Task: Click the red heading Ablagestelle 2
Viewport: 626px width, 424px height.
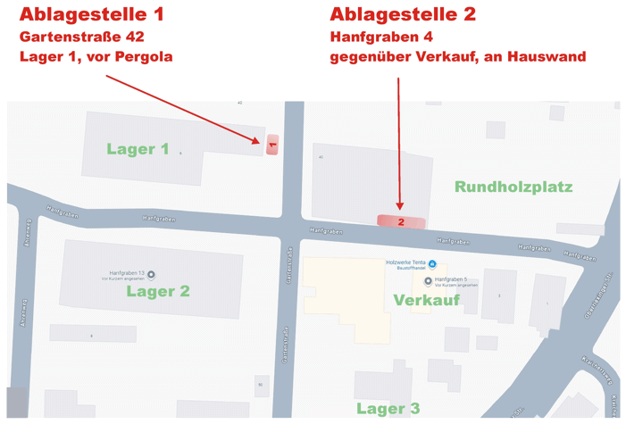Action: [403, 14]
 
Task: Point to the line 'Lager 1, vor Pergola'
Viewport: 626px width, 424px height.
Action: [96, 56]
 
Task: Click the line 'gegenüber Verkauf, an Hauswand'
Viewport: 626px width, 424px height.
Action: [457, 56]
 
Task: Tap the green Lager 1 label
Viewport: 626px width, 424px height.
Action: [138, 149]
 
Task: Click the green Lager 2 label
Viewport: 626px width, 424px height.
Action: [158, 290]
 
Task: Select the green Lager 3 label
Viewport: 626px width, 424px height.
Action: [388, 409]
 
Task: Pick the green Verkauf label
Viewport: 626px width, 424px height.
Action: [427, 300]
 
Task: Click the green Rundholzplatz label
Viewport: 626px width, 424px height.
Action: [513, 187]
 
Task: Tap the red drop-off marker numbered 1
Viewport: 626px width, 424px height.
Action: [272, 144]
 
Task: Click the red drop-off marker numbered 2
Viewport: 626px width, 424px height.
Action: [401, 221]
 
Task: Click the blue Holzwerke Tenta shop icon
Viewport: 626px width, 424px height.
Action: [432, 263]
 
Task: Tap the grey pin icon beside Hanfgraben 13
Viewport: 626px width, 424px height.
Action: [150, 273]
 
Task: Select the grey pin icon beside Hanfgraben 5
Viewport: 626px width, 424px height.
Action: [428, 281]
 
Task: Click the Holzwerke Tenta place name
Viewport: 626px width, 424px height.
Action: [405, 262]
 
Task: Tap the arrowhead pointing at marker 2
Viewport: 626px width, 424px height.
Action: [400, 208]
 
